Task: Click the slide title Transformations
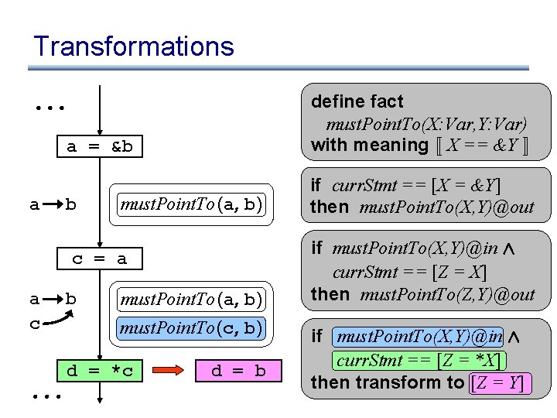point(133,46)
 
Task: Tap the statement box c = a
point(99,259)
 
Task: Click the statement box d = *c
point(99,372)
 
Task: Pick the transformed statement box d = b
point(237,372)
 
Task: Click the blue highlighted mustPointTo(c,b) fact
point(191,328)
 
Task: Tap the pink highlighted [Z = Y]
point(501,382)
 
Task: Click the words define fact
point(357,101)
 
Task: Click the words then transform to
point(387,382)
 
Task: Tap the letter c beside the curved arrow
point(34,324)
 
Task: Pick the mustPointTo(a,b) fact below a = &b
point(191,204)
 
